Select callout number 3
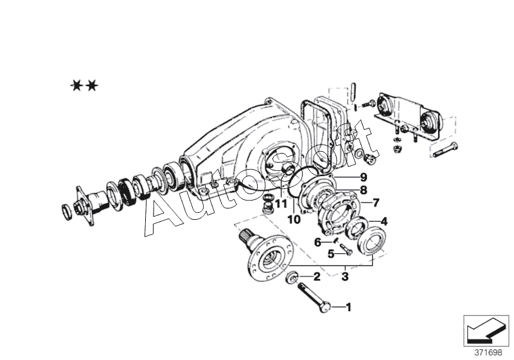point(345,277)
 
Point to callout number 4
point(384,221)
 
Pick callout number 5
point(332,253)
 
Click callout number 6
point(317,242)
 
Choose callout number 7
point(376,203)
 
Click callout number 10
point(294,219)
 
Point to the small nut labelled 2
point(291,278)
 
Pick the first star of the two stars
point(76,85)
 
